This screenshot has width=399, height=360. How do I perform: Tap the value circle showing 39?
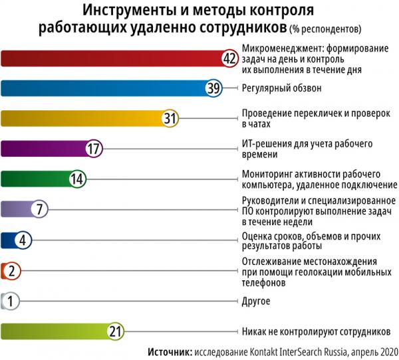213,88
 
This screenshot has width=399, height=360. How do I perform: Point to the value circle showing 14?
76,179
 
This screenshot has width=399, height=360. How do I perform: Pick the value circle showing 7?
40,209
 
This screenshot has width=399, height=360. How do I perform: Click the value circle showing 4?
23,240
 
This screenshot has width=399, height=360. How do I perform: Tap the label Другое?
256,302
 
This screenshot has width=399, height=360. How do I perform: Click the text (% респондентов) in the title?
327,29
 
